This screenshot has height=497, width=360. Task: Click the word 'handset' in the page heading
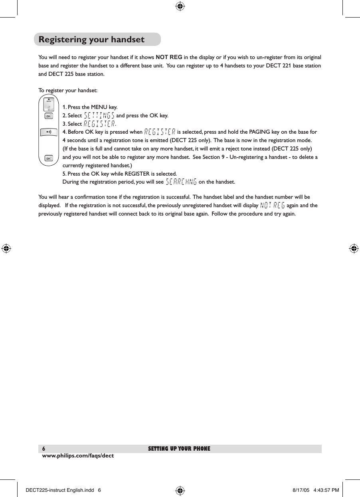(x=127, y=40)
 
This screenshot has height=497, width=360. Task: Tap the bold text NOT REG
(x=169, y=56)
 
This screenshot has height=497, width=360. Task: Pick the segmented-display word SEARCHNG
(x=181, y=182)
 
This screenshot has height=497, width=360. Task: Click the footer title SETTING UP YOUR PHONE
(x=179, y=449)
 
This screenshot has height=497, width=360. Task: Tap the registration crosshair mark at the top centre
(x=180, y=6)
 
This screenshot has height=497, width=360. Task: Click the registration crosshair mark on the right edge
(x=353, y=248)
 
